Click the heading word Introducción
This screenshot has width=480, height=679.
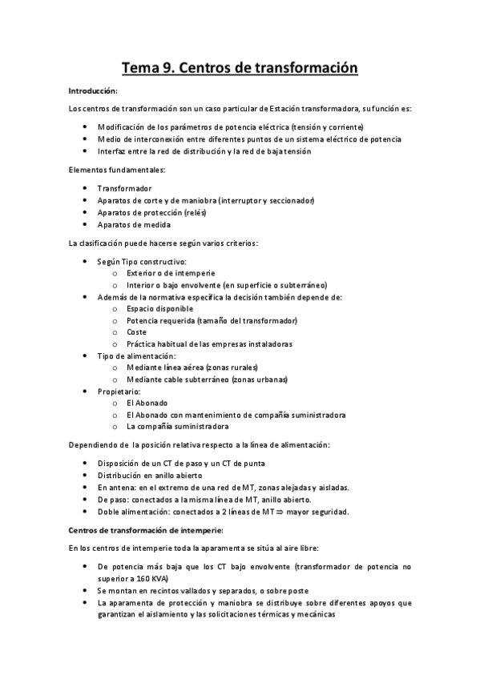pyautogui.click(x=93, y=91)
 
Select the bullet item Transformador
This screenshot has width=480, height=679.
pyautogui.click(x=124, y=187)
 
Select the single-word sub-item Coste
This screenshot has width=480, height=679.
pyautogui.click(x=136, y=331)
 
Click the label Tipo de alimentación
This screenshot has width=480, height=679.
pyautogui.click(x=137, y=355)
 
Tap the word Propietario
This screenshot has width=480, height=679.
pyautogui.click(x=119, y=391)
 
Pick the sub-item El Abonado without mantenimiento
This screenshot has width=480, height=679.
pyautogui.click(x=147, y=403)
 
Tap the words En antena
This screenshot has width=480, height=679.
pyautogui.click(x=115, y=487)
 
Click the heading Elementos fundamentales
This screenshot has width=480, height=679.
pyautogui.click(x=117, y=170)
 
